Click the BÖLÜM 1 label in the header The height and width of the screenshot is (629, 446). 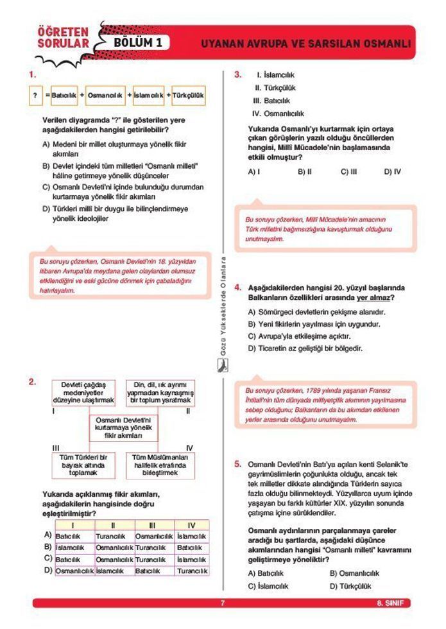(142, 42)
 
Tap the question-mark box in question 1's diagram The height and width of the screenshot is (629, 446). (35, 96)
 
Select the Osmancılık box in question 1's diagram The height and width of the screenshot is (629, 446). (105, 96)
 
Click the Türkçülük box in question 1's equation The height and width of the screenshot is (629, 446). (189, 96)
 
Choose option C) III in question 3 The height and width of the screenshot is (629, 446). (348, 171)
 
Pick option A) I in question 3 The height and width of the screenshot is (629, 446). (254, 171)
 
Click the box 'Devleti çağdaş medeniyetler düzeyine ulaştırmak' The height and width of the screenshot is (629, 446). (83, 392)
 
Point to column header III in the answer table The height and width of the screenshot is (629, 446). (153, 525)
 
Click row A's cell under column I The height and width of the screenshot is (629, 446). (74, 536)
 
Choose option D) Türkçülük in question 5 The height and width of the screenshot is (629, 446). (350, 586)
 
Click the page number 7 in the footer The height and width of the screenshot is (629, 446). (222, 603)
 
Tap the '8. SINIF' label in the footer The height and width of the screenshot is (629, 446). (390, 603)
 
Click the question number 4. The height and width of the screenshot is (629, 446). (237, 287)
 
